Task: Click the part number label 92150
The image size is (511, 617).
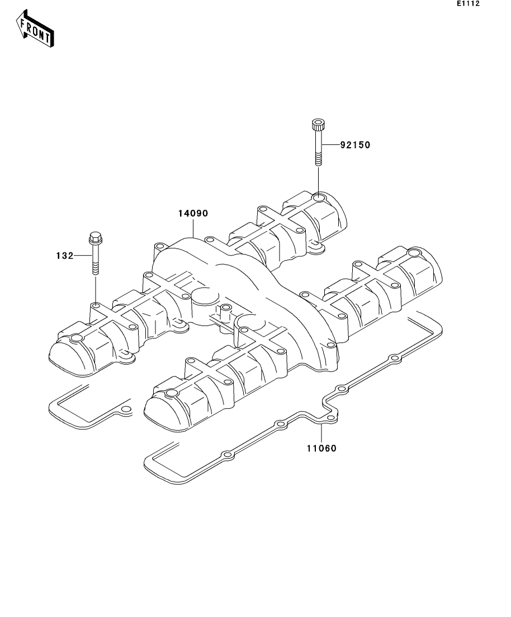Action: (355, 145)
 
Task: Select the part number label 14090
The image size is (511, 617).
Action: (193, 213)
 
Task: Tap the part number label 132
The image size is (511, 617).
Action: (65, 256)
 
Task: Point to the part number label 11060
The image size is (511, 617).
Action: (322, 448)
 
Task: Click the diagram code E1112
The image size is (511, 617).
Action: (468, 3)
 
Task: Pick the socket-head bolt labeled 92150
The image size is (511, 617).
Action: (318, 143)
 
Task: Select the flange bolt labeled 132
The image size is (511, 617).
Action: (95, 253)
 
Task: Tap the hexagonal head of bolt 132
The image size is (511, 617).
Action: (95, 237)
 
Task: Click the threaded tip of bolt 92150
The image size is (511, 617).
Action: (318, 161)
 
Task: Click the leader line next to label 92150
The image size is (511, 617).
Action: (330, 145)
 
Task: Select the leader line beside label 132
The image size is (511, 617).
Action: (83, 256)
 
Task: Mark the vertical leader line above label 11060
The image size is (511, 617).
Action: (322, 433)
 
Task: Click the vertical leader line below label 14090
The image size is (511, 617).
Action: (193, 228)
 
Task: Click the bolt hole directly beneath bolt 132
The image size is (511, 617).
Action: (96, 306)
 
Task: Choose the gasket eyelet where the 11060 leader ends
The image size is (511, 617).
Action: (331, 418)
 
